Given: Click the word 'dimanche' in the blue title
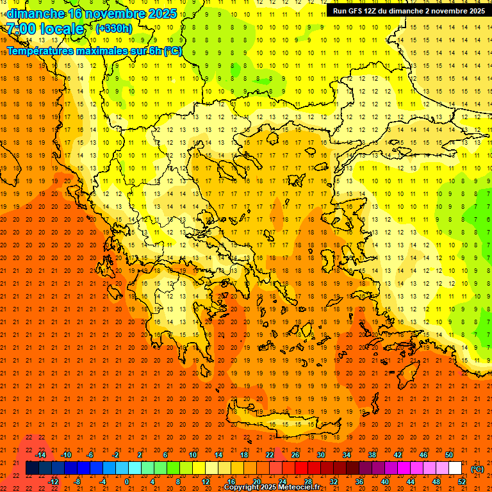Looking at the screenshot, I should [x=35, y=13].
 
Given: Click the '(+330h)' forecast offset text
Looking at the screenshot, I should [x=115, y=28].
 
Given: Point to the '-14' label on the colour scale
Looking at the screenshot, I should [x=40, y=455].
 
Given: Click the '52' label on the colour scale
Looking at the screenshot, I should [x=461, y=482].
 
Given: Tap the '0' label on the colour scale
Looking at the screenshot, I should [x=127, y=482].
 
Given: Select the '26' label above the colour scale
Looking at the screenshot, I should [x=295, y=455].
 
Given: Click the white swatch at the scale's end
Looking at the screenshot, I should [x=455, y=468].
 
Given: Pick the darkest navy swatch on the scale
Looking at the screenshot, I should [x=32, y=468].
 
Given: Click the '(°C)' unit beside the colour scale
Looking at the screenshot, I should [x=477, y=469].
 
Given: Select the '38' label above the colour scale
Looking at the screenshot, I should [x=372, y=455].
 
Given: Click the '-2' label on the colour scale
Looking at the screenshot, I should [x=115, y=455].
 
